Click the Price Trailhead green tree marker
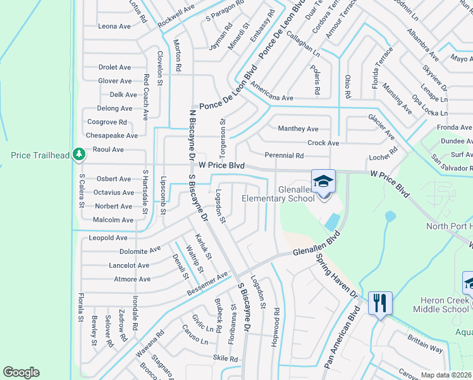[x=78, y=154]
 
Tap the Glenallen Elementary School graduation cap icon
[x=322, y=181]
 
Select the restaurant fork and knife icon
[x=380, y=303]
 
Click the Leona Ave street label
[x=114, y=27]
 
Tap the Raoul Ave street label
[x=108, y=149]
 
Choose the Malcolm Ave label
[x=114, y=220]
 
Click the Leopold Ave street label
[x=108, y=238]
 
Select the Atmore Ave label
[x=132, y=279]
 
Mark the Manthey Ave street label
[x=298, y=129]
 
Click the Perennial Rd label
[x=285, y=155]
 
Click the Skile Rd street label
[x=225, y=358]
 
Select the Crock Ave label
[x=323, y=143]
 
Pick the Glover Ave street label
[x=115, y=81]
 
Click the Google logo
[x=21, y=372]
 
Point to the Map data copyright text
[x=446, y=375]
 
